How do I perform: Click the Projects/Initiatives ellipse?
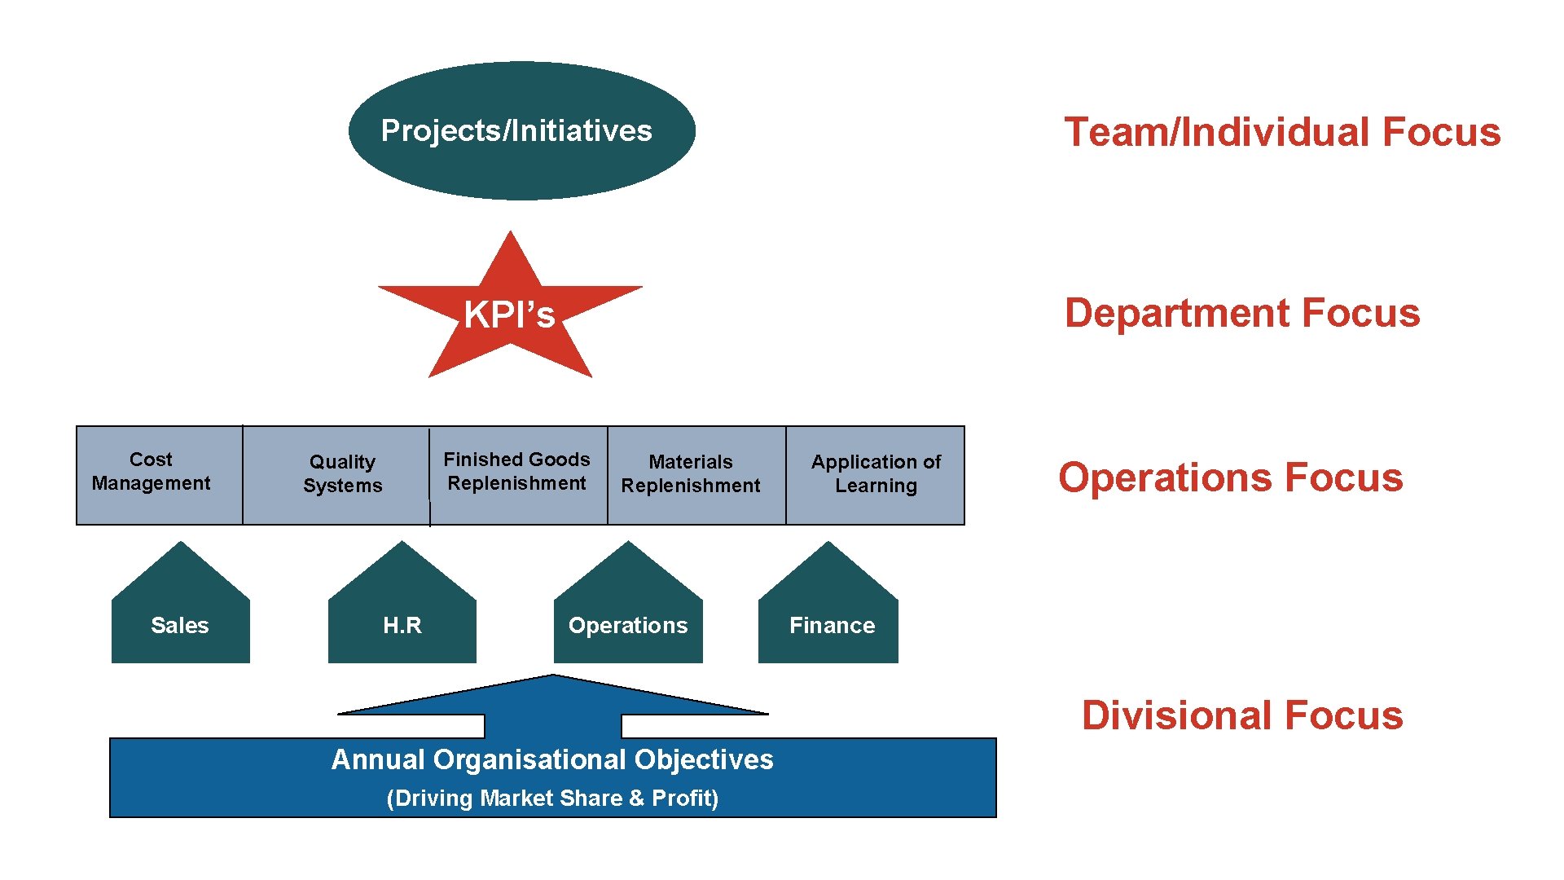click(521, 130)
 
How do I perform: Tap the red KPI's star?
click(510, 314)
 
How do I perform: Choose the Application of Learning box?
click(876, 475)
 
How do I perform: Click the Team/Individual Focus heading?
click(1282, 132)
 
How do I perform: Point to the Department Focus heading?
click(1242, 313)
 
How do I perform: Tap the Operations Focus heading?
click(1231, 477)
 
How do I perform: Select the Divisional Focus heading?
click(1242, 715)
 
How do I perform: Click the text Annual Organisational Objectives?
click(552, 759)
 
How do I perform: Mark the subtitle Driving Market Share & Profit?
click(552, 799)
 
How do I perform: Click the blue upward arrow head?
click(553, 697)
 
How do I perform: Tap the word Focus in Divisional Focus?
click(1344, 715)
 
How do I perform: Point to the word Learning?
click(876, 486)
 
